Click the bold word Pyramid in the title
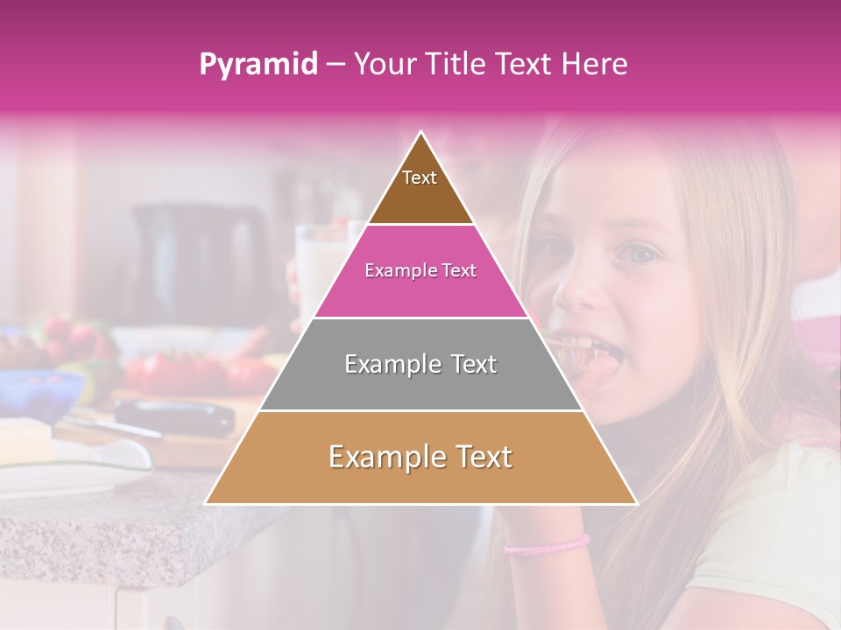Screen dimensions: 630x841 click(x=258, y=65)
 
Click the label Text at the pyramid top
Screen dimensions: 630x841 click(x=420, y=178)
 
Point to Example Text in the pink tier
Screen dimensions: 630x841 click(x=420, y=270)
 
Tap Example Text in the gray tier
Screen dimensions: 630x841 click(x=420, y=364)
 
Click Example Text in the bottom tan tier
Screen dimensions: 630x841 click(x=420, y=457)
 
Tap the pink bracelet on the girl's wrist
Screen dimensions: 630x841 click(x=547, y=545)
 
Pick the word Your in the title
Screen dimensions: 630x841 click(x=382, y=65)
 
